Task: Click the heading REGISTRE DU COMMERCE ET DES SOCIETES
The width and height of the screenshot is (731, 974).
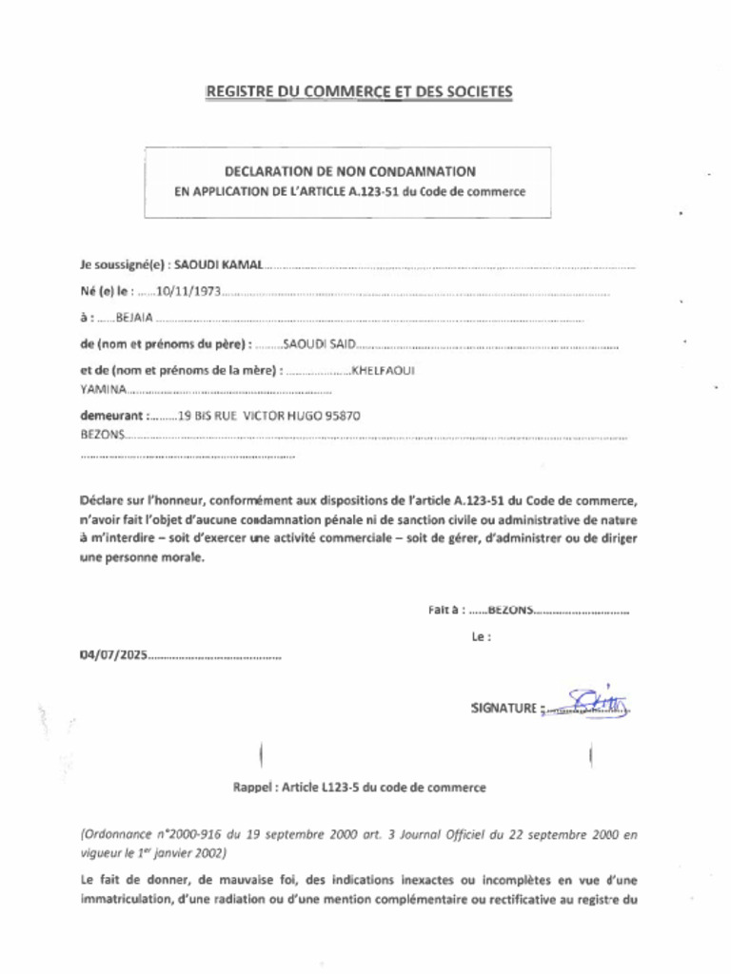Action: point(359,91)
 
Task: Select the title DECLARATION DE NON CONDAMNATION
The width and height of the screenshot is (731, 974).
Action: point(349,172)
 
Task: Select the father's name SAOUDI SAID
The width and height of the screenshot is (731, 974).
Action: point(319,342)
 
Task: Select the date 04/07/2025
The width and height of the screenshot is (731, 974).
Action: point(113,655)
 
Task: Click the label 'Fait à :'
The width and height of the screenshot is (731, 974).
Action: point(446,611)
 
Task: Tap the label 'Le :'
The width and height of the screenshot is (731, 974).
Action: point(481,637)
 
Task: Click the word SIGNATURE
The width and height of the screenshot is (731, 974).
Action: point(504,708)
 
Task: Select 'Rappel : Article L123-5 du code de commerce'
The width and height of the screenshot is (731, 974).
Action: point(360,788)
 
